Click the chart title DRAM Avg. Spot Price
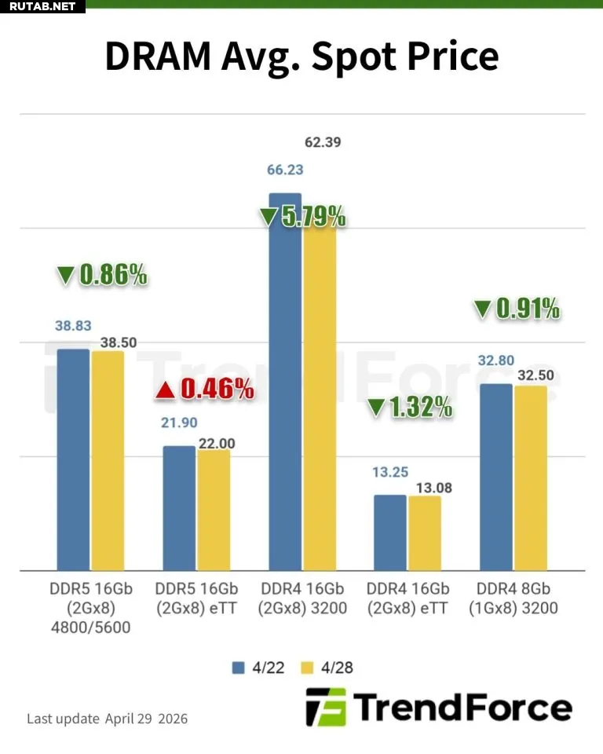click(x=301, y=57)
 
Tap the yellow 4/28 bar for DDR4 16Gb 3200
click(x=319, y=393)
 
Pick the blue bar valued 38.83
click(x=73, y=459)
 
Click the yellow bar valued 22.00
click(x=214, y=510)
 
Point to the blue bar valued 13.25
click(x=390, y=533)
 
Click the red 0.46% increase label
click(x=205, y=388)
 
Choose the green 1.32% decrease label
click(x=410, y=407)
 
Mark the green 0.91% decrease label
click(x=517, y=309)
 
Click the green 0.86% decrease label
click(x=102, y=274)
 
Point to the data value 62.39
click(x=323, y=143)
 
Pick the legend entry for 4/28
click(x=330, y=667)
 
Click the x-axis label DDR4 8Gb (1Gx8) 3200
click(x=514, y=598)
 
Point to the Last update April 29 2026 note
click(x=108, y=719)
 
